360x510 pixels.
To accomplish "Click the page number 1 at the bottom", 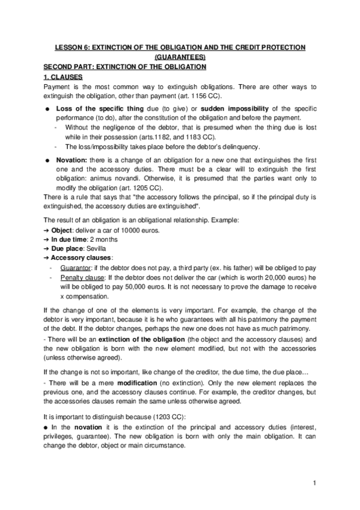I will click(x=314, y=483).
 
